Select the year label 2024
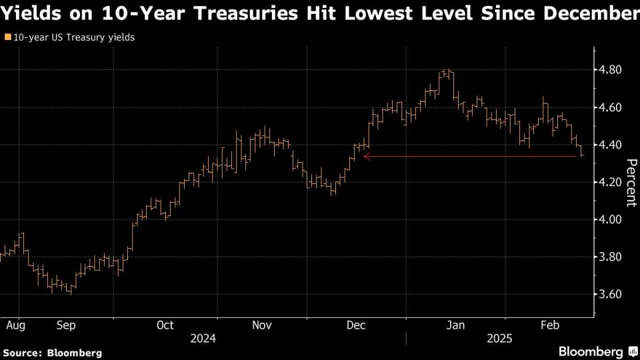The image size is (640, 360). pyautogui.click(x=203, y=339)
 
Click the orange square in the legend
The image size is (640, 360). pyautogui.click(x=7, y=38)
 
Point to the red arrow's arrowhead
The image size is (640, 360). pyautogui.click(x=366, y=157)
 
